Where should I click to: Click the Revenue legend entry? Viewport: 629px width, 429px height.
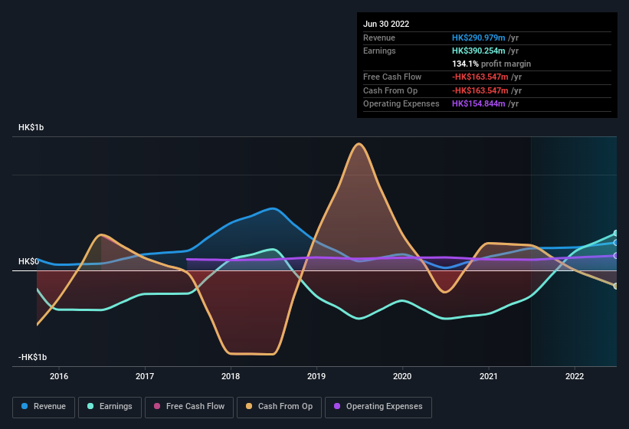44,407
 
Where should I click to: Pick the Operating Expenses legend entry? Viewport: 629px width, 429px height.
378,407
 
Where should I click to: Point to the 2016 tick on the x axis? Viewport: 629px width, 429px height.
59,376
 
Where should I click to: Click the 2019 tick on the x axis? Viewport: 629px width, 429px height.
316,376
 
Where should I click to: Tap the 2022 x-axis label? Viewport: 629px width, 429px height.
575,376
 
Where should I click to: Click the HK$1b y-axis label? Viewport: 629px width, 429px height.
31,127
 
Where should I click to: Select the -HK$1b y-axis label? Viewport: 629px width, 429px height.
33,357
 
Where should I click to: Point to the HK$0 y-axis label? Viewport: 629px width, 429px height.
28,261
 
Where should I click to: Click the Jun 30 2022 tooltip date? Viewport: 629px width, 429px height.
386,24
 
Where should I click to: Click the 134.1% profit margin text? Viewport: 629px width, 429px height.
491,64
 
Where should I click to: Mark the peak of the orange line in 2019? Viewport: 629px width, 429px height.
357,143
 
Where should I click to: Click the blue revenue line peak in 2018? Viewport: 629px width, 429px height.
271,208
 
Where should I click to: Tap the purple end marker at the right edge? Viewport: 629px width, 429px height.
616,256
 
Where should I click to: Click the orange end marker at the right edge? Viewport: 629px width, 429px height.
616,286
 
